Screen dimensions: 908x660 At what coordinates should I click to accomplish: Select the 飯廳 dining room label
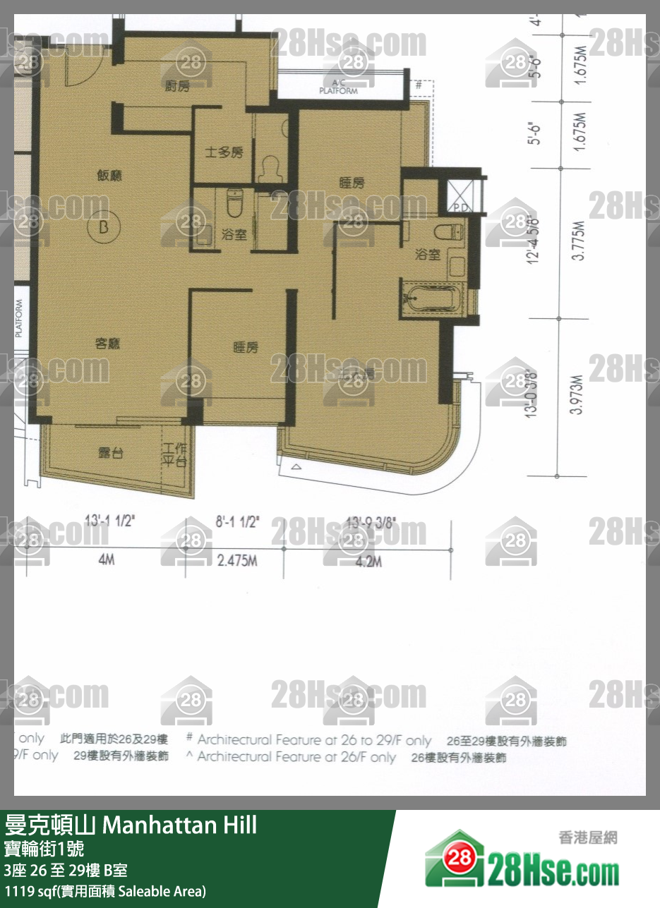112,176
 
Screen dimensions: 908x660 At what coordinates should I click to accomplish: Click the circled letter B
104,227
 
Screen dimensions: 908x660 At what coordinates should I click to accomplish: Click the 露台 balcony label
111,452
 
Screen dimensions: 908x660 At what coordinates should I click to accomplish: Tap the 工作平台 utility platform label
174,456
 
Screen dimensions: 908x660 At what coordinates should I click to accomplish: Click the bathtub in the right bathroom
430,298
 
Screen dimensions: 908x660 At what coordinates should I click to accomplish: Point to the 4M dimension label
107,562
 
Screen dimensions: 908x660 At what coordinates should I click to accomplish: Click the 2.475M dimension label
237,562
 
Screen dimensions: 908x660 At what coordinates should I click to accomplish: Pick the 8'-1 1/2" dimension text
237,523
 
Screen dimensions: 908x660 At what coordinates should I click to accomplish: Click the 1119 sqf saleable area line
105,890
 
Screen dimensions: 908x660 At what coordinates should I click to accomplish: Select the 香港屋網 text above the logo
587,837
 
